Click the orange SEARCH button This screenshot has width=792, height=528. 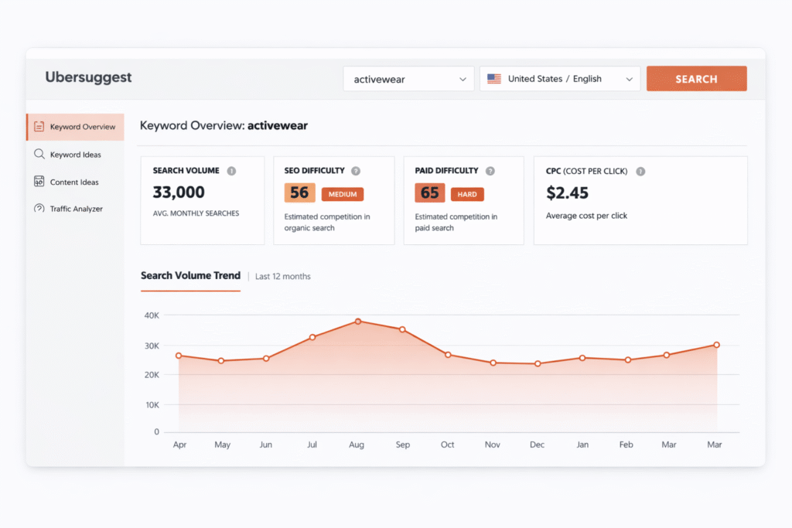point(696,79)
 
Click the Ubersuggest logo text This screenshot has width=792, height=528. point(88,77)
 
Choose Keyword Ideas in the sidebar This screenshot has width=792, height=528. point(75,155)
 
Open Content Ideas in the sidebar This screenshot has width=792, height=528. point(74,182)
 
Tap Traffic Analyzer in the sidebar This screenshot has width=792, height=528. point(76,209)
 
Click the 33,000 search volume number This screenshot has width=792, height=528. point(179,192)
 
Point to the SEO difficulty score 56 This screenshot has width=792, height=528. point(299,192)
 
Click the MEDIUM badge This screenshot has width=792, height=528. point(343,194)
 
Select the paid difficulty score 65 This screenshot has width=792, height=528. point(430,192)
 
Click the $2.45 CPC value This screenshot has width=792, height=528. point(567,192)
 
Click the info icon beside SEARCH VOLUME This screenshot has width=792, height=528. point(231,171)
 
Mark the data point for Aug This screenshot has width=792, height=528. point(357,321)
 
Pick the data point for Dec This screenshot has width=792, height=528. point(538,363)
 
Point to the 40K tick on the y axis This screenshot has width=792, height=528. point(152,315)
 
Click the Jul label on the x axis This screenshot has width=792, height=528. point(312,445)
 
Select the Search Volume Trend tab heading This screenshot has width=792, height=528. point(190,276)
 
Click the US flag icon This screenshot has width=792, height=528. point(493,79)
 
